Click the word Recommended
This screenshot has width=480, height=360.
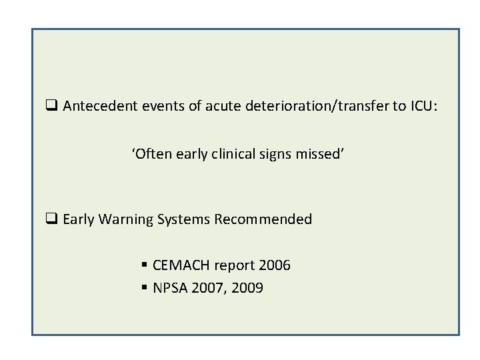point(264,219)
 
